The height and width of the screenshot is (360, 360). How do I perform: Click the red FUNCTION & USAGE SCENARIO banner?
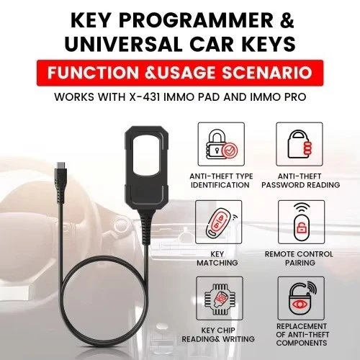(179, 73)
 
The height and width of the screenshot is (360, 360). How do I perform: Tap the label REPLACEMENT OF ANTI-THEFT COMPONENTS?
(300, 341)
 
